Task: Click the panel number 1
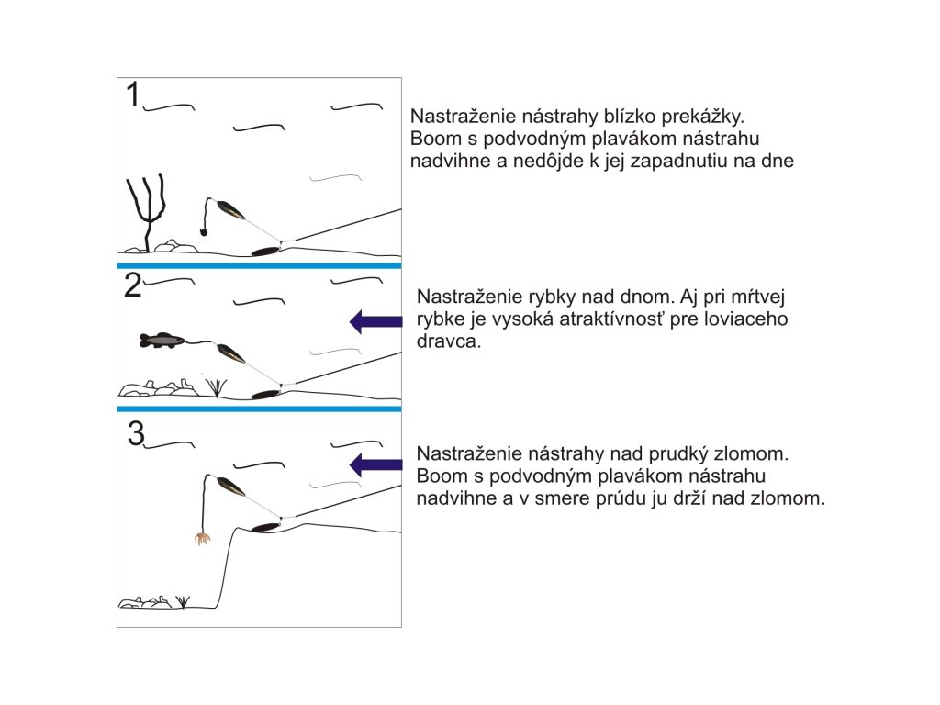133,95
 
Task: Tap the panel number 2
133,286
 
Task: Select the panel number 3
136,433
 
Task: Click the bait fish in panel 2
162,341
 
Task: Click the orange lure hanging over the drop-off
201,537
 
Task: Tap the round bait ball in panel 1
203,233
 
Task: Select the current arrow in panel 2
376,320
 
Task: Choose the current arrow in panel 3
376,464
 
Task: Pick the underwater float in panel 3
230,487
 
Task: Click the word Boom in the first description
431,140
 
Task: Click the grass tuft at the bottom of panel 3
183,601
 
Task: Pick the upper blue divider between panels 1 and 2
260,265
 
